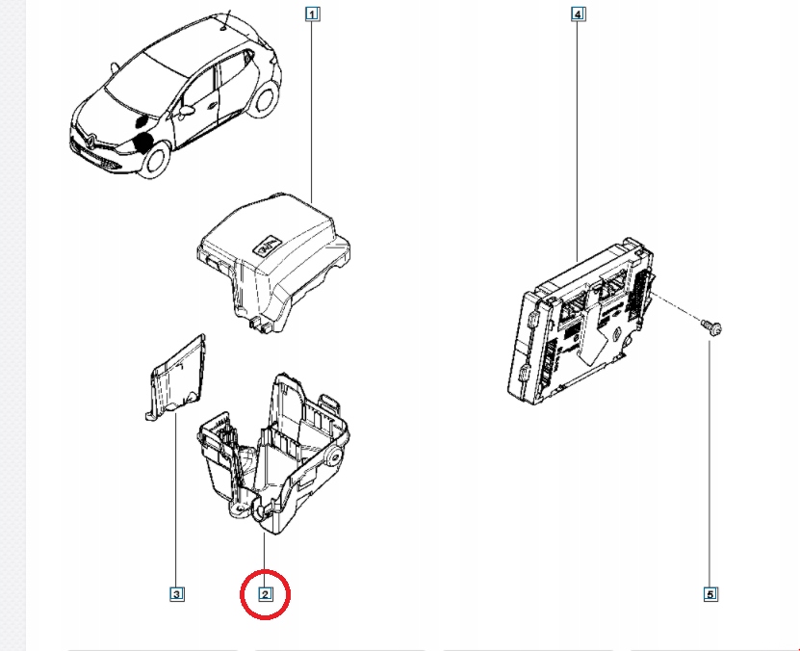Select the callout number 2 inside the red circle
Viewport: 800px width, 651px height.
[x=265, y=594]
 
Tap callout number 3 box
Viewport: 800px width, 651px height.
[x=176, y=594]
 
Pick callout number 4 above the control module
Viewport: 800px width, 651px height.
[x=578, y=14]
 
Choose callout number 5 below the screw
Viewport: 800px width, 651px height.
[x=710, y=594]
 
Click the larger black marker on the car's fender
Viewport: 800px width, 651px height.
[x=145, y=142]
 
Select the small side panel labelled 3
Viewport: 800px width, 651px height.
[x=178, y=379]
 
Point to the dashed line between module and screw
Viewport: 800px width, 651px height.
[x=684, y=310]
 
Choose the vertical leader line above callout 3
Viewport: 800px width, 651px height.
[x=176, y=501]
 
